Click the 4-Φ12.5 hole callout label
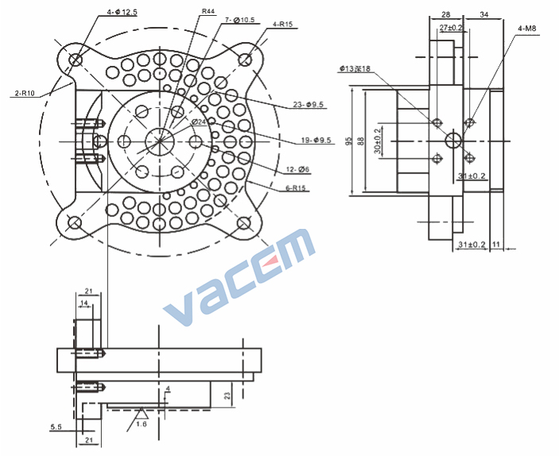(x=122, y=12)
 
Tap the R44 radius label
(x=208, y=11)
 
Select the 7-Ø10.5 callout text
(x=239, y=20)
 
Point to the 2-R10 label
(x=25, y=93)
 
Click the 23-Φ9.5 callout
(x=308, y=104)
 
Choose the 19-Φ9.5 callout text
(x=316, y=140)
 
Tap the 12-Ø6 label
(x=297, y=169)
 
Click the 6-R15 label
(x=296, y=188)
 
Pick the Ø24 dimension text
(x=199, y=122)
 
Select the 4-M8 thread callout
(x=527, y=28)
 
